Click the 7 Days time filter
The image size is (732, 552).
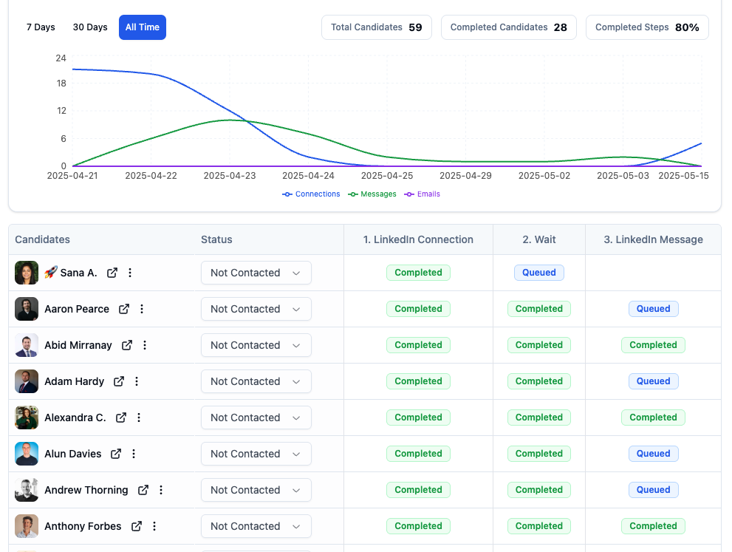41,27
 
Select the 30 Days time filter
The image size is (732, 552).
90,27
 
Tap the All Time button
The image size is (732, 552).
143,27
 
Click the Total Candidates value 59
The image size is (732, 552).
415,27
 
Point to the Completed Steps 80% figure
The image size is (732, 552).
687,27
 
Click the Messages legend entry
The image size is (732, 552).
372,194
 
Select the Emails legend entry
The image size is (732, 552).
423,194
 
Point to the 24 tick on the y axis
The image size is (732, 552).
61,58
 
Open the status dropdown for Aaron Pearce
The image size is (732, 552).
256,309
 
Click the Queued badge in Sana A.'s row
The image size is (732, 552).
539,273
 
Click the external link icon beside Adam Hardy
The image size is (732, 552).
119,381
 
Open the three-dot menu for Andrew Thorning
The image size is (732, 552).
161,490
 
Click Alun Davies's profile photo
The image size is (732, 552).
27,454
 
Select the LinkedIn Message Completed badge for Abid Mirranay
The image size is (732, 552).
653,345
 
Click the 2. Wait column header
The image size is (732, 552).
539,239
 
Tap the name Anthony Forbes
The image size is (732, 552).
83,526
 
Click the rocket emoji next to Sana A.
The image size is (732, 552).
50,273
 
